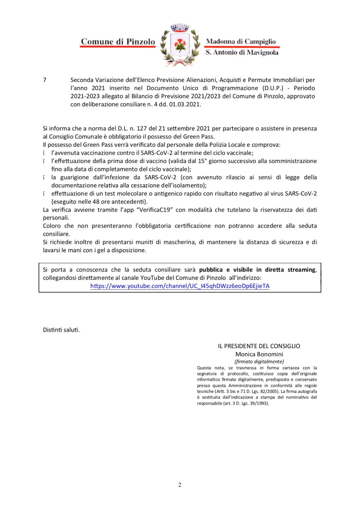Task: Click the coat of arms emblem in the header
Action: (x=180, y=46)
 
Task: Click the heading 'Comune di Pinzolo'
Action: (x=118, y=42)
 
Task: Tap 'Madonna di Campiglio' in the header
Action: (x=241, y=41)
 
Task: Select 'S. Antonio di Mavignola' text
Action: (x=242, y=52)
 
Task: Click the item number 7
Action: (x=45, y=80)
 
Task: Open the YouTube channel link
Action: (x=180, y=286)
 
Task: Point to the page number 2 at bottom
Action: (x=180, y=485)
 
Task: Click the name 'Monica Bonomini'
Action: (x=259, y=354)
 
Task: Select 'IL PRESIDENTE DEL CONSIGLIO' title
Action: (x=259, y=346)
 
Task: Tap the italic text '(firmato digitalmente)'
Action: (x=259, y=361)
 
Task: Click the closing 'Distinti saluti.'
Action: (x=61, y=330)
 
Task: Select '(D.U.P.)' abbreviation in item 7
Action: (x=273, y=88)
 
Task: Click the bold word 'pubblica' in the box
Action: (x=211, y=270)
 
